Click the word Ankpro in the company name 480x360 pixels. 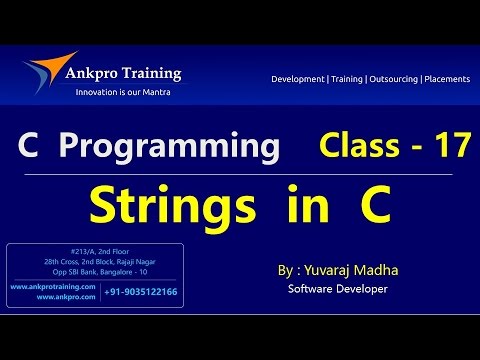coord(108,73)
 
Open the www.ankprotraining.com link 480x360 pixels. coord(52,287)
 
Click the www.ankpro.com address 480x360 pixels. coord(52,297)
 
